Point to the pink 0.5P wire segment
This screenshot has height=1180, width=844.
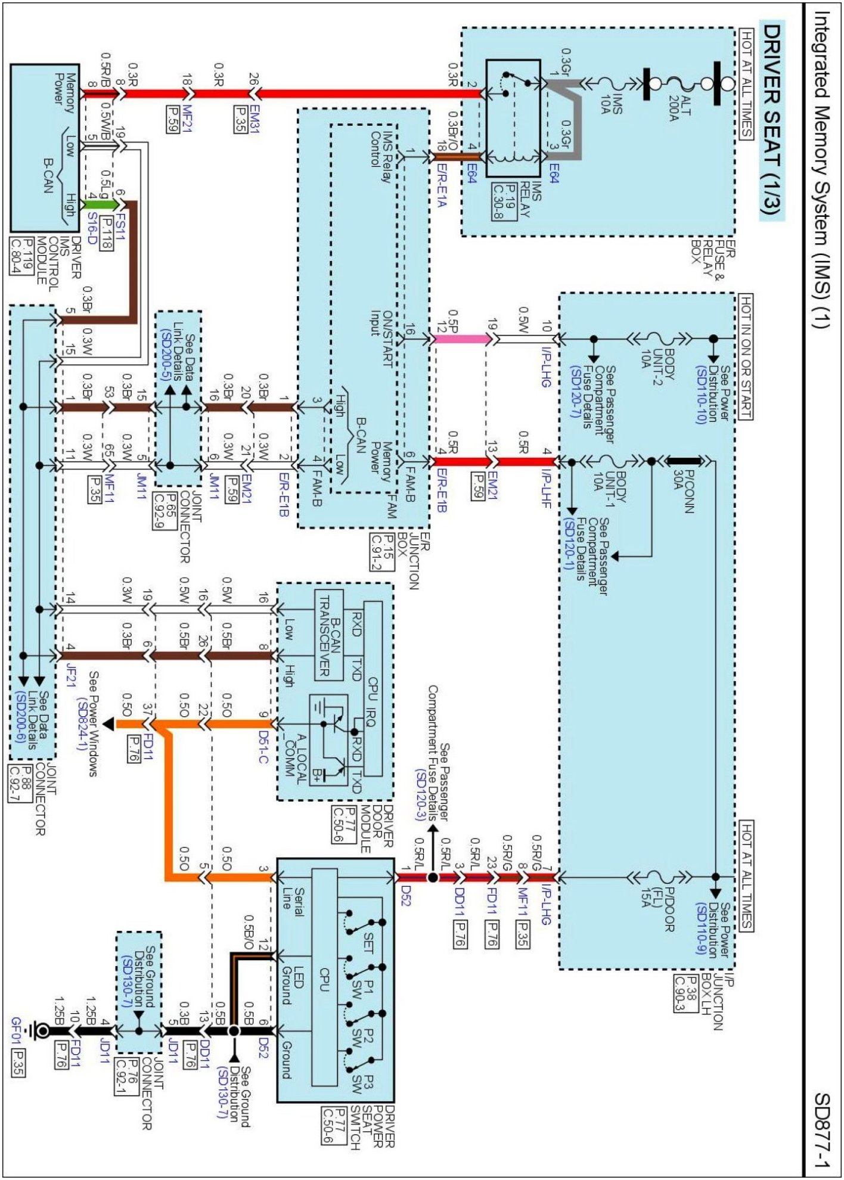(462, 339)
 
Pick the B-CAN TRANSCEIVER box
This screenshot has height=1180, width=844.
(329, 635)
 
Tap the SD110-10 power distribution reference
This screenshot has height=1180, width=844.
(701, 394)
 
